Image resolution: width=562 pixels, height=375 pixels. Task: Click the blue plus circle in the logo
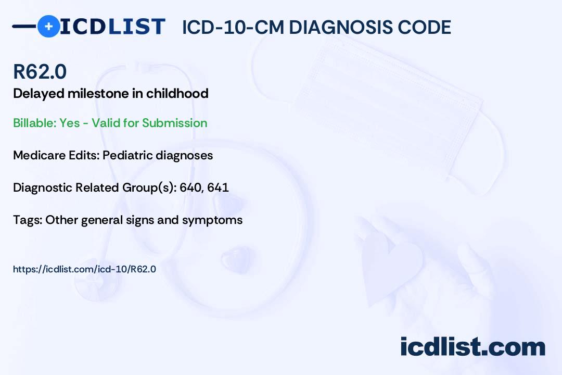48,26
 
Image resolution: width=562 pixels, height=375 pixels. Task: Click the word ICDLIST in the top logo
112,27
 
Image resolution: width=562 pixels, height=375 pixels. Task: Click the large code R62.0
40,71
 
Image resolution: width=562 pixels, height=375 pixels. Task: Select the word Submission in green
174,123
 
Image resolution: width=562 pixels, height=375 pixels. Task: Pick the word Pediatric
127,155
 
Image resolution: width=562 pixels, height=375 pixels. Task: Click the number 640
190,187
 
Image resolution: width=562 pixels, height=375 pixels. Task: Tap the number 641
218,187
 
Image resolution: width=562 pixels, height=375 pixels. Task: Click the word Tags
27,220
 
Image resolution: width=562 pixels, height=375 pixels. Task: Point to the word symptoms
212,220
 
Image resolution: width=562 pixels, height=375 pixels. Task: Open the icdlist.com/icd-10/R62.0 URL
85,269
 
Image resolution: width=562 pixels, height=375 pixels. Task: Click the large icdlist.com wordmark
472,347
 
